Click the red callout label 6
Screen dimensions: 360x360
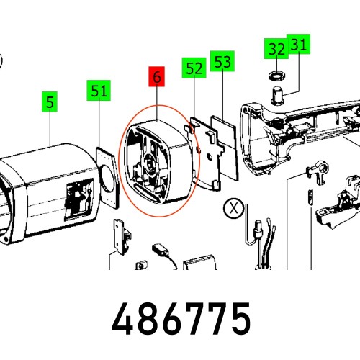pyautogui.click(x=156, y=76)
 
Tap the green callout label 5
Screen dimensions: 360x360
pyautogui.click(x=50, y=102)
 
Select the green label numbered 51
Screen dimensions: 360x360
pyautogui.click(x=99, y=90)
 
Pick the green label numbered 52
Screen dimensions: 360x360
pyautogui.click(x=194, y=68)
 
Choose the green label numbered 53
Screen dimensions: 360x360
pyautogui.click(x=222, y=61)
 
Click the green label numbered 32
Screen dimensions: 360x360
pyautogui.click(x=276, y=48)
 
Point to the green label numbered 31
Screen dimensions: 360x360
pyautogui.click(x=299, y=44)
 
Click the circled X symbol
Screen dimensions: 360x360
pyautogui.click(x=233, y=208)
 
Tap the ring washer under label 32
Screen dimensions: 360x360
pyautogui.click(x=276, y=76)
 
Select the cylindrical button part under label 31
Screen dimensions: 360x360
pyautogui.click(x=277, y=96)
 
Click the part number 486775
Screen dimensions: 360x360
pyautogui.click(x=181, y=318)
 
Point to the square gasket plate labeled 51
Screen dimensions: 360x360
pyautogui.click(x=107, y=178)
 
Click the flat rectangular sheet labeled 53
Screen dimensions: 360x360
pyautogui.click(x=225, y=148)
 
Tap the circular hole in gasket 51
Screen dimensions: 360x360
pyautogui.click(x=109, y=179)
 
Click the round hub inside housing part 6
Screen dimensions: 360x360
pyautogui.click(x=149, y=165)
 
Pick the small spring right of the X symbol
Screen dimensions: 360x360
pyautogui.click(x=310, y=197)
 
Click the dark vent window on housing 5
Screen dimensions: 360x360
pyautogui.click(x=78, y=199)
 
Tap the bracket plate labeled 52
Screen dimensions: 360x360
pyautogui.click(x=204, y=153)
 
